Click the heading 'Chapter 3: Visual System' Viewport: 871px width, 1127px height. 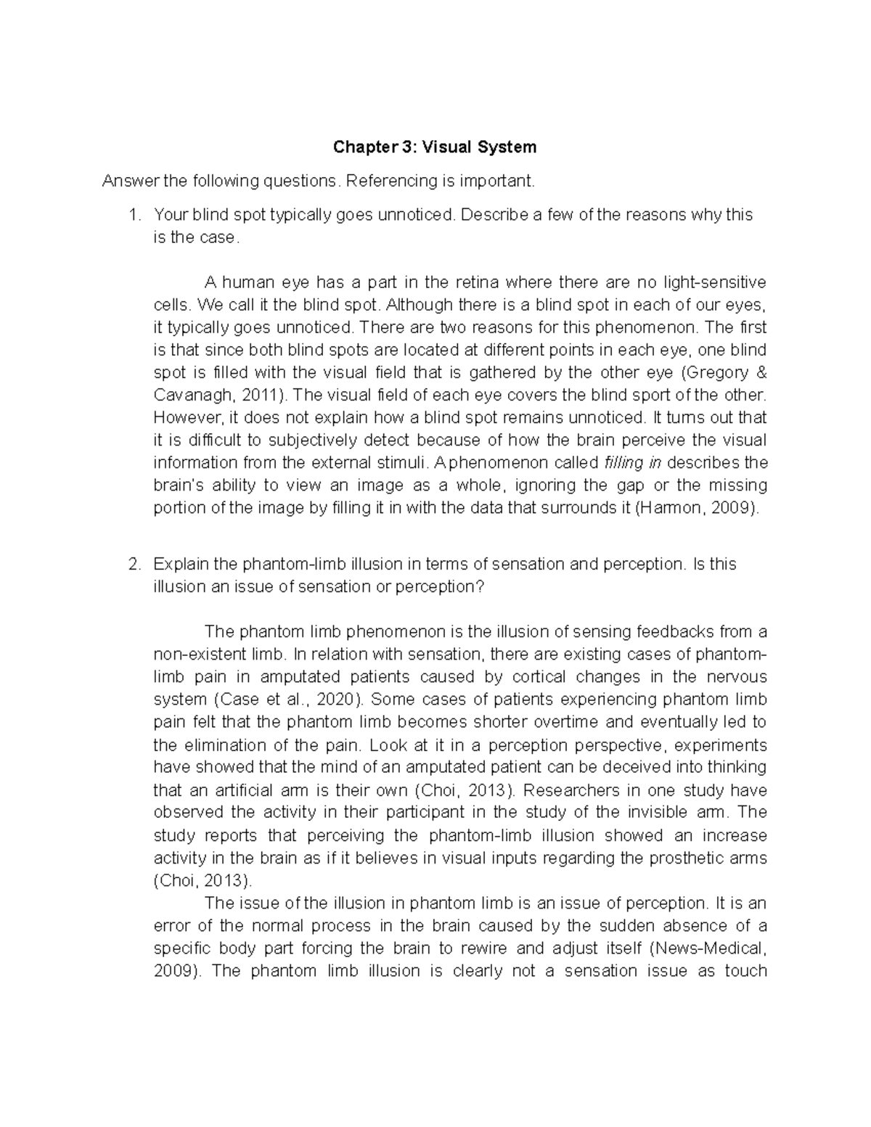pos(434,147)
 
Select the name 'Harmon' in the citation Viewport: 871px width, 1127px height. pos(668,507)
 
